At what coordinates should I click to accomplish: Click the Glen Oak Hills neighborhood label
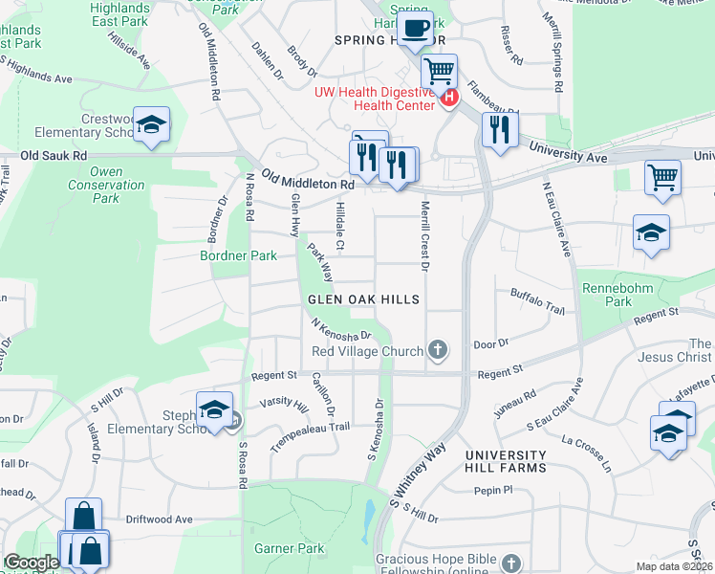[x=363, y=299]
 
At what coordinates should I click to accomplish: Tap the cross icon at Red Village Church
[x=438, y=350]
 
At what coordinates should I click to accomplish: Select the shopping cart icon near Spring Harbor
[x=439, y=71]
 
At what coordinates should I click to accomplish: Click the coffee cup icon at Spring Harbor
[x=414, y=29]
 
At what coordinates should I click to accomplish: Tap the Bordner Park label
[x=238, y=255]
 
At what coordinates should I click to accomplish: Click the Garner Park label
[x=290, y=549]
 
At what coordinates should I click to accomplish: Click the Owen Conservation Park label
[x=94, y=185]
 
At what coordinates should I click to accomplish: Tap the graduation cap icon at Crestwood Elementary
[x=151, y=125]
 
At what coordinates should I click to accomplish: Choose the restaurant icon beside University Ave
[x=497, y=129]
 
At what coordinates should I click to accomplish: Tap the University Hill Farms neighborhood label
[x=506, y=461]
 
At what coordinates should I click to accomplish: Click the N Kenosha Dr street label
[x=341, y=329]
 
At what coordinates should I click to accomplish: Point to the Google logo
[x=32, y=563]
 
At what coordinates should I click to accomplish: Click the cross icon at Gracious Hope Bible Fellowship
[x=511, y=563]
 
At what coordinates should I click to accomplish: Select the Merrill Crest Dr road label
[x=422, y=235]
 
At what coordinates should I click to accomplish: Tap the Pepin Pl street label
[x=493, y=490]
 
